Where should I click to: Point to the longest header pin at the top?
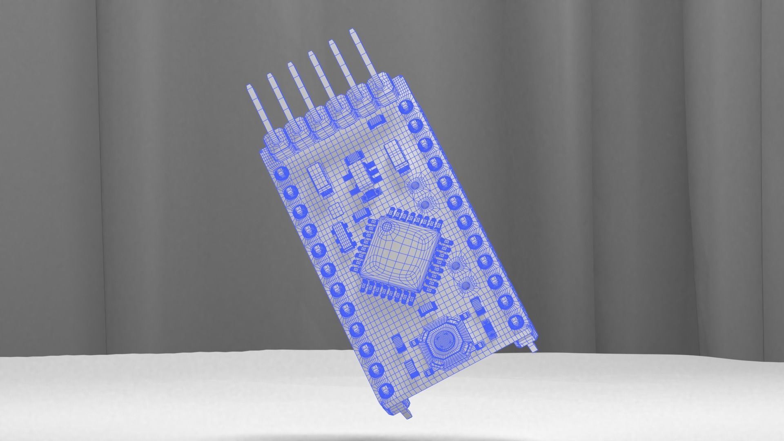click(x=363, y=53)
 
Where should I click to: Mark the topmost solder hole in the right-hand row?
click(x=405, y=107)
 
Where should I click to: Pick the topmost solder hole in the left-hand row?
click(x=281, y=174)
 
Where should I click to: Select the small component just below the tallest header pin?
click(x=376, y=121)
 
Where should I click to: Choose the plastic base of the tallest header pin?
click(x=379, y=85)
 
